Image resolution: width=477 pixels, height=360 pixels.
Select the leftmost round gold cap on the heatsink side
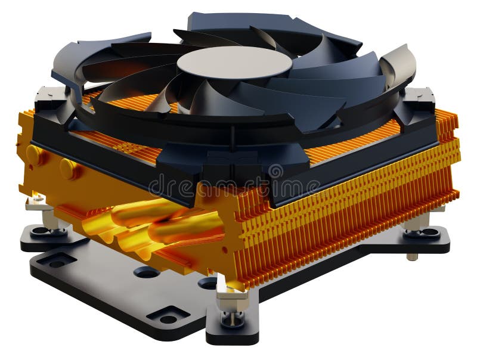tap(36, 156)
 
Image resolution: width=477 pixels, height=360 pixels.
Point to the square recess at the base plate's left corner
tap(57, 260)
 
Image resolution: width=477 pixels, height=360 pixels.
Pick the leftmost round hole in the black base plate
tap(146, 272)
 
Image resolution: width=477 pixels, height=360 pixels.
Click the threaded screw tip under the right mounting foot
tap(411, 256)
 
